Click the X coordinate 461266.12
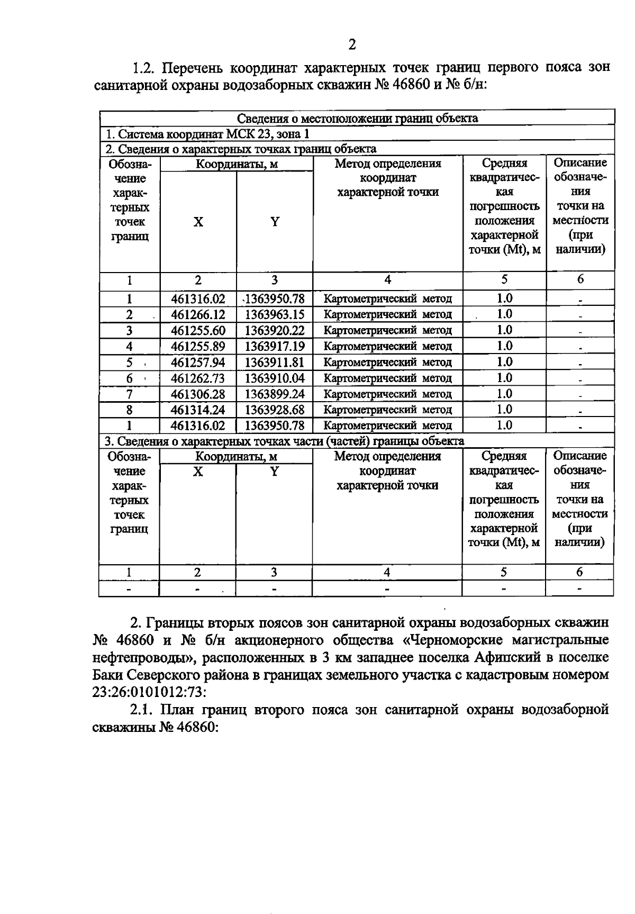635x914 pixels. tap(198, 315)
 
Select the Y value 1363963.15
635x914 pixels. tap(275, 315)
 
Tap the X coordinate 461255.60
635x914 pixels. tap(198, 331)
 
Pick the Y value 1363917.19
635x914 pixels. tap(275, 347)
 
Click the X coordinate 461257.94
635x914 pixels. tap(198, 363)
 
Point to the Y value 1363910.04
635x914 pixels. tap(275, 378)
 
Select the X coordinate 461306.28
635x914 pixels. tap(198, 394)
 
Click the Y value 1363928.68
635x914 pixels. tap(275, 410)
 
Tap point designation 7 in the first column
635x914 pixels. tap(129, 394)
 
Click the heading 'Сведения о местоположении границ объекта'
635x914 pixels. tap(357, 118)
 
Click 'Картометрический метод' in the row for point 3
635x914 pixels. tap(387, 331)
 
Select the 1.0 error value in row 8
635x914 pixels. tap(504, 410)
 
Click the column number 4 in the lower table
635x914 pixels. tap(387, 572)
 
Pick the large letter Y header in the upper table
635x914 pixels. tap(275, 222)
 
